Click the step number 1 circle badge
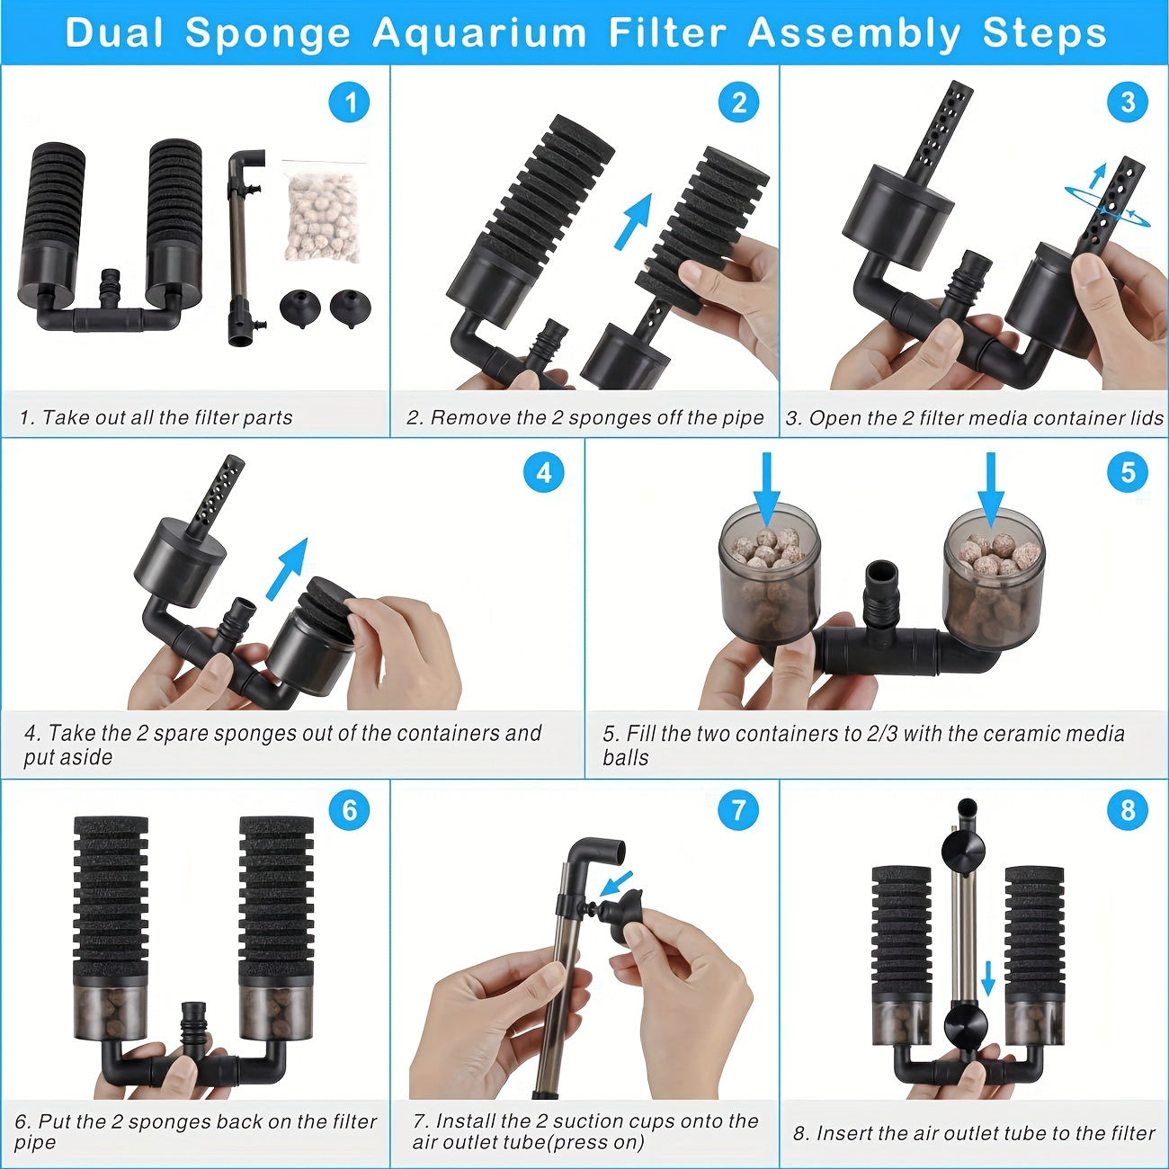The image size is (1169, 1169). (350, 103)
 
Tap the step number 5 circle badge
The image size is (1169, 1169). (1128, 472)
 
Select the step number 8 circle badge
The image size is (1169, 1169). (1128, 810)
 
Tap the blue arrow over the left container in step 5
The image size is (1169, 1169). (766, 488)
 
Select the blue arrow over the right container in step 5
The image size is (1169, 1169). (991, 488)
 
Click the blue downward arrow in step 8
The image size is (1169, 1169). (987, 978)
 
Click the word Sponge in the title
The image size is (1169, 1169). (268, 33)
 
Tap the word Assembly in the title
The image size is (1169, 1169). (854, 33)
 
